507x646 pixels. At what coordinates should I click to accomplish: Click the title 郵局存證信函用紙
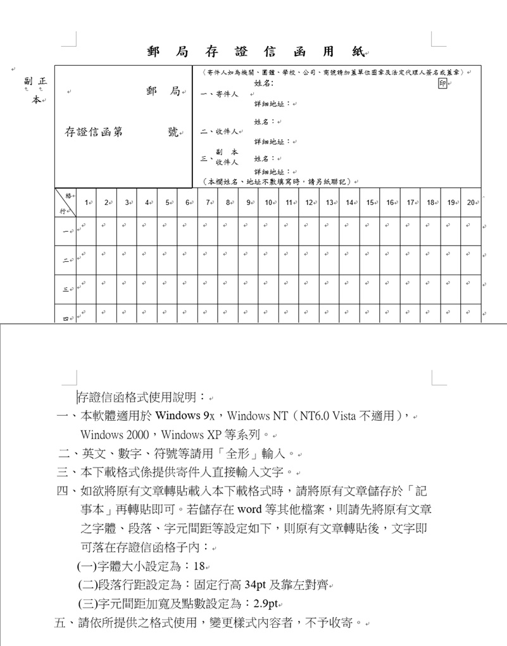pos(257,52)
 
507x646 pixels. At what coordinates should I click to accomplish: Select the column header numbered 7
pos(208,202)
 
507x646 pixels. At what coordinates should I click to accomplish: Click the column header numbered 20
pos(470,202)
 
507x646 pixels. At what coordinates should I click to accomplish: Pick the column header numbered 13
pos(329,202)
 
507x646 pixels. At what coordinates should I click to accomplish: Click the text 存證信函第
pos(94,132)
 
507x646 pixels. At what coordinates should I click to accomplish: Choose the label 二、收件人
pos(219,132)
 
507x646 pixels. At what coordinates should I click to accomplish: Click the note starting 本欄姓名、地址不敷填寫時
pos(279,182)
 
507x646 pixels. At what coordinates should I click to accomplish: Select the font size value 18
pos(199,566)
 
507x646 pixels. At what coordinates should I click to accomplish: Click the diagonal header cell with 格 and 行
pos(66,202)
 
